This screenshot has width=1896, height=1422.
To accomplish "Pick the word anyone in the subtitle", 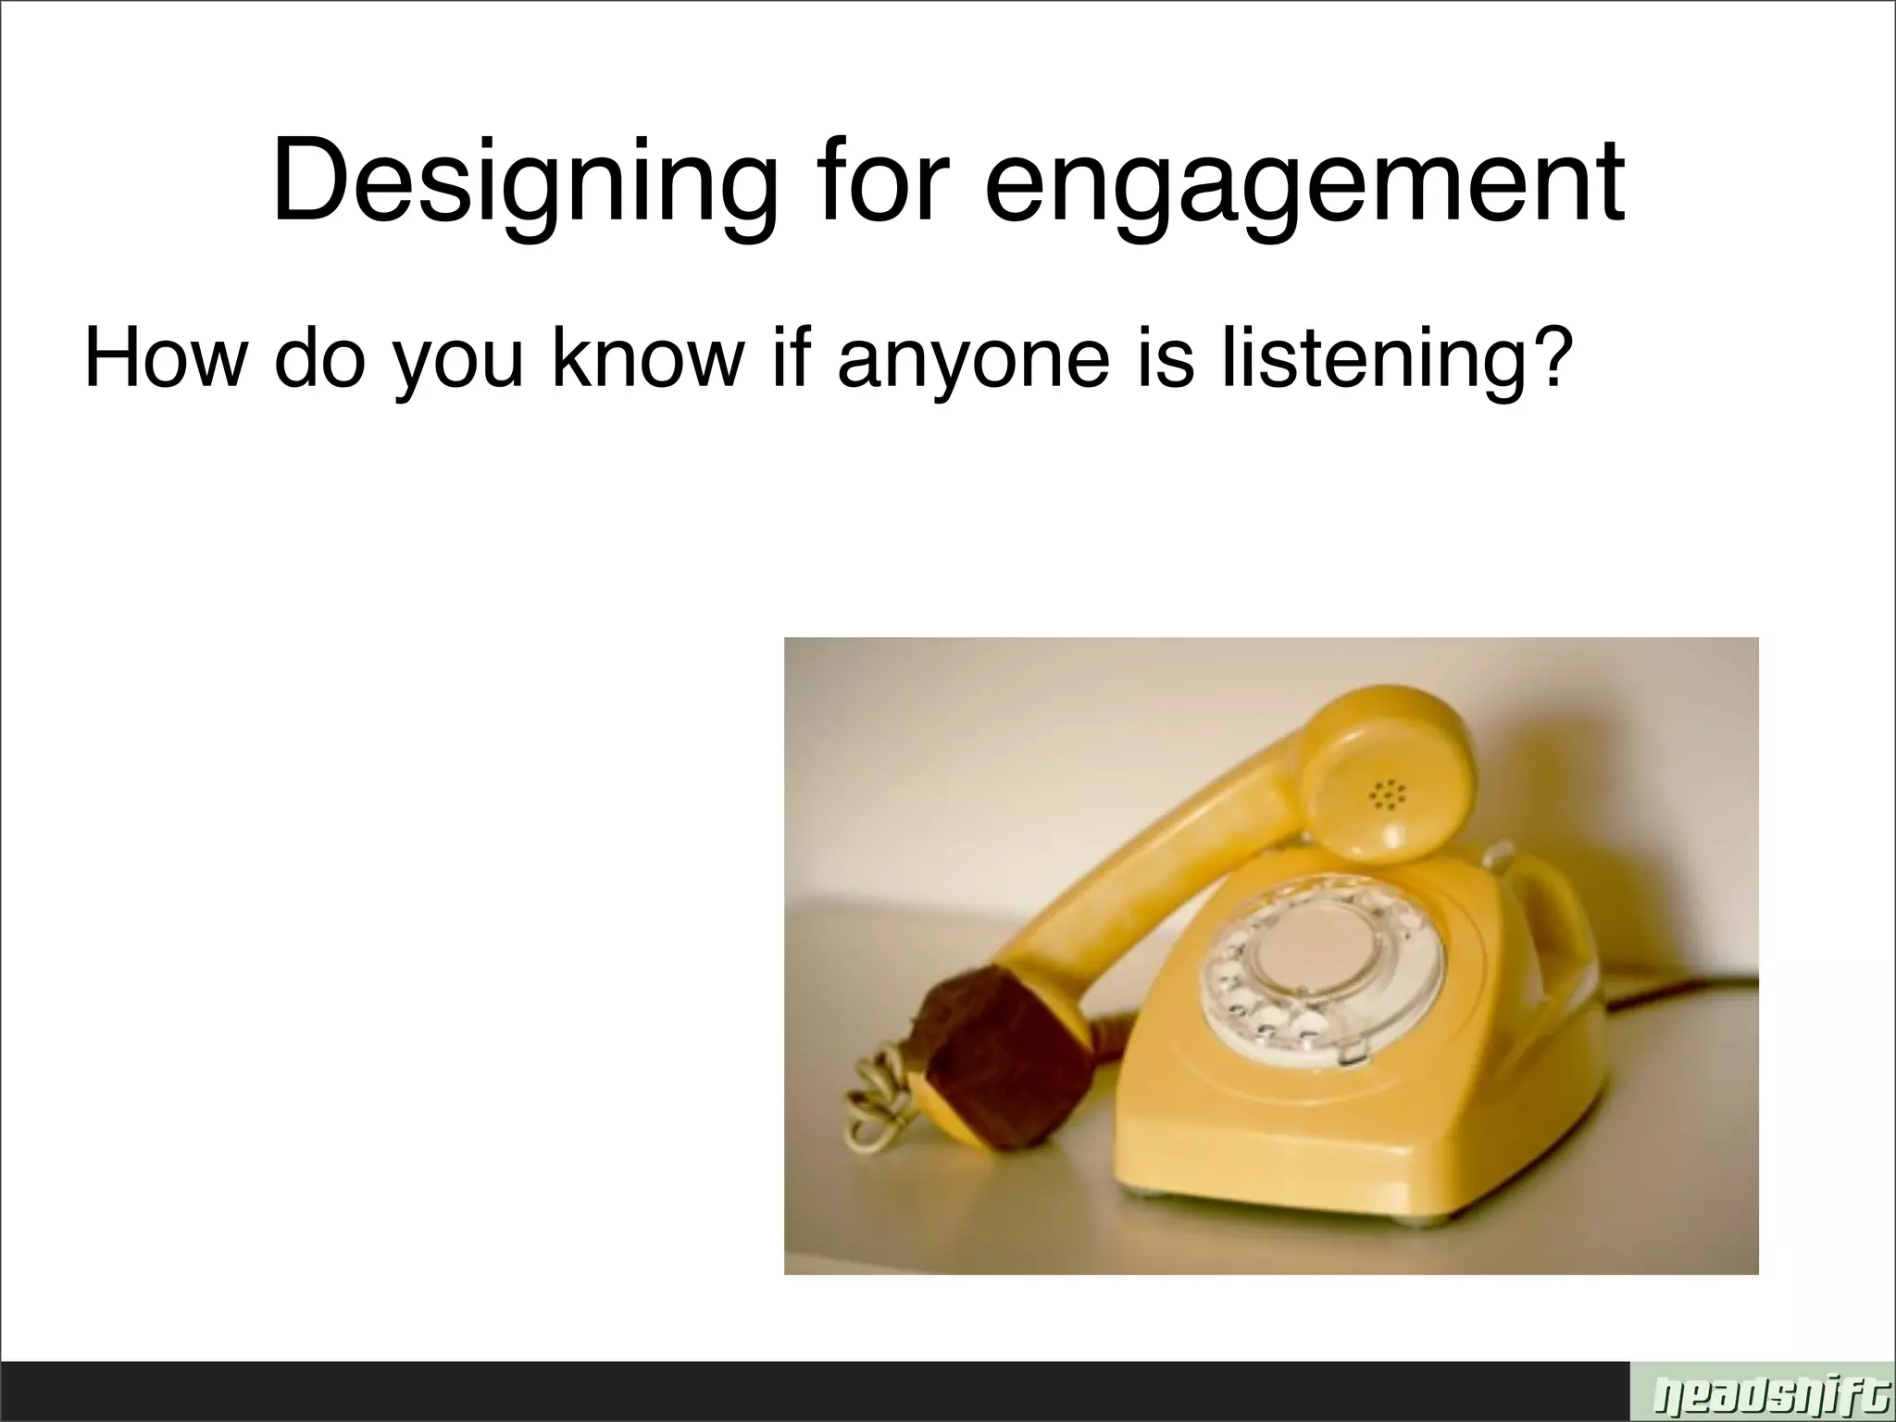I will (x=973, y=361).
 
